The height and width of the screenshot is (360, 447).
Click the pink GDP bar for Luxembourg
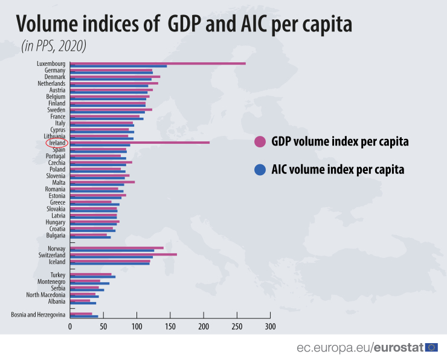coord(157,63)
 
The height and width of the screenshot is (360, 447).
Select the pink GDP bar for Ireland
coord(139,142)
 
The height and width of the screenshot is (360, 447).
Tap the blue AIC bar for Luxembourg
coord(118,66)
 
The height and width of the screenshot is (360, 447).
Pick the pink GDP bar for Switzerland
coord(123,254)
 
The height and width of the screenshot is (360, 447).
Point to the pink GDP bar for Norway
coord(117,248)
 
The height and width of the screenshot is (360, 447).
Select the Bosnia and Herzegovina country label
coord(38,314)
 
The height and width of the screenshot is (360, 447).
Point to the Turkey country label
coord(57,275)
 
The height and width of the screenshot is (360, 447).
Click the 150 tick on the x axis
coord(170,326)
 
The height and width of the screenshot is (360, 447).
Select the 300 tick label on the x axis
coord(270,326)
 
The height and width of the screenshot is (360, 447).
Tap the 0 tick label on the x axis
coord(70,326)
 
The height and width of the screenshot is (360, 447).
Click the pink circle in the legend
coord(260,142)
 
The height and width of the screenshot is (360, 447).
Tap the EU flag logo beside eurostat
coord(431,347)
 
